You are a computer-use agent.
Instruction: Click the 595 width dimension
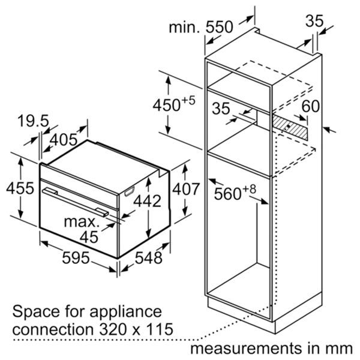(76, 257)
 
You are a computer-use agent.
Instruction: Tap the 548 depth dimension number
(149, 257)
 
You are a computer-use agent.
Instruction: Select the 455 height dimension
(20, 188)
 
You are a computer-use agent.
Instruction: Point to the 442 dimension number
(147, 201)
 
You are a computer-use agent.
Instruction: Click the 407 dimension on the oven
(186, 189)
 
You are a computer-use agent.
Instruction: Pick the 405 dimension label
(64, 140)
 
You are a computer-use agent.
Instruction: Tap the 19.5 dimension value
(33, 121)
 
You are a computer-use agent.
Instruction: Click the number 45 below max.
(89, 237)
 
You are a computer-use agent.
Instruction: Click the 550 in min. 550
(219, 27)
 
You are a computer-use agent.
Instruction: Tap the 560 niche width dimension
(235, 193)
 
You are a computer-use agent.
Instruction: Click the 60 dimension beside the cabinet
(311, 106)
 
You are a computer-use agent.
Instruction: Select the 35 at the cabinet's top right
(314, 21)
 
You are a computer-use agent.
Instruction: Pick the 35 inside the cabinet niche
(221, 109)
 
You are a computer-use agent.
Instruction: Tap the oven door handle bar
(75, 202)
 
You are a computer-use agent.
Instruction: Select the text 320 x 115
(136, 329)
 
